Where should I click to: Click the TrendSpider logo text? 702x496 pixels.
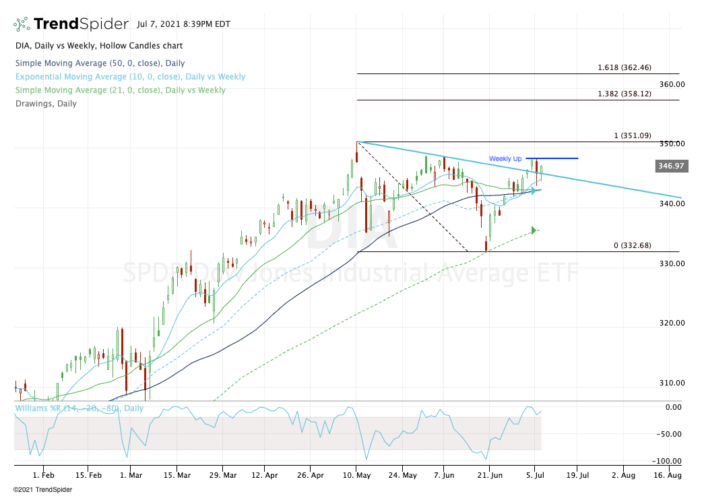81,24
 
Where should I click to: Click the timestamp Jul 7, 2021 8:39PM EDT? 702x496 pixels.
183,24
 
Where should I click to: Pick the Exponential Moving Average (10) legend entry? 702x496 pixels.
129,77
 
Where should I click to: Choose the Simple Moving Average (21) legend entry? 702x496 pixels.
120,90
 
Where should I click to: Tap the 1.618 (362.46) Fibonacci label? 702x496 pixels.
624,68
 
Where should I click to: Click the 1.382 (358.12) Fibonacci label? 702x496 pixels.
624,94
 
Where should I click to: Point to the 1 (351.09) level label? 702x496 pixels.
632,135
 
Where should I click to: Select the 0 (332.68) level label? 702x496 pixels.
632,245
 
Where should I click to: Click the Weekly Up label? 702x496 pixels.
505,158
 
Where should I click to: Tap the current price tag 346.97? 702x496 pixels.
671,166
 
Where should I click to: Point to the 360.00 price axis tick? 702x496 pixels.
672,84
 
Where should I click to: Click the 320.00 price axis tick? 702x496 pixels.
672,323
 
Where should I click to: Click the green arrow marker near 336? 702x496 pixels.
534,230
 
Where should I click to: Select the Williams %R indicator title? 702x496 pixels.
79,408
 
